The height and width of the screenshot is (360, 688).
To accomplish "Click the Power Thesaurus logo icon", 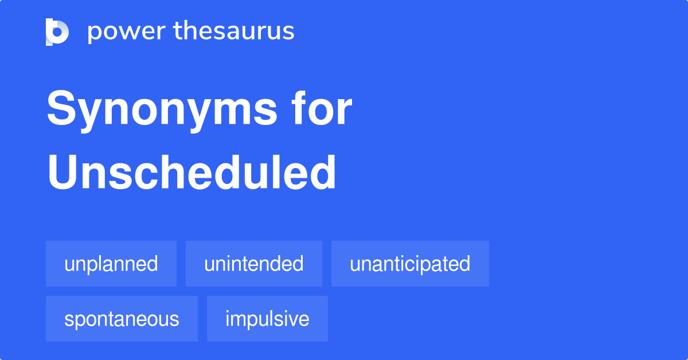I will [x=57, y=32].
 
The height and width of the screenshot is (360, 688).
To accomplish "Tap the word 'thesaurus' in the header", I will [x=234, y=32].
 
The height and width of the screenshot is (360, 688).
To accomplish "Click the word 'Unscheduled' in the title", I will [x=191, y=173].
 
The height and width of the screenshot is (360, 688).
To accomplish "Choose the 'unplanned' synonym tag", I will [x=111, y=264].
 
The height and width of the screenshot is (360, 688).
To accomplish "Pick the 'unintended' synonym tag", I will [x=253, y=264].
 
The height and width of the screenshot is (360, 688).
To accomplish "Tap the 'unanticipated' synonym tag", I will [x=410, y=264].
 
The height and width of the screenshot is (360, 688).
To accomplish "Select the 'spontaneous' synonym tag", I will [x=122, y=319].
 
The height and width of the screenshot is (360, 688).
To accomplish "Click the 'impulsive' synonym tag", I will [x=267, y=319].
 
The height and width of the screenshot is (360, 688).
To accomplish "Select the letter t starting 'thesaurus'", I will [x=178, y=32].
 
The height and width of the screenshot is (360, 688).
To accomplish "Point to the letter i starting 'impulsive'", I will [x=228, y=318].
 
